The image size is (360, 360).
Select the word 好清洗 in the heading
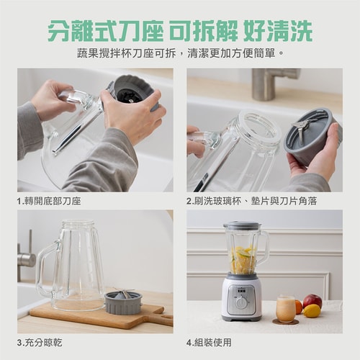pyautogui.click(x=279, y=31)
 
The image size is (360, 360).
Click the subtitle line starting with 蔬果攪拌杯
pyautogui.click(x=180, y=53)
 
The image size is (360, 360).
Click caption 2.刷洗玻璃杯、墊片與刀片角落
pyautogui.click(x=248, y=201)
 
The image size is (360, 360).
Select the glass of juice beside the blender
pyautogui.click(x=286, y=310)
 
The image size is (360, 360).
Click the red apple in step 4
pyautogui.click(x=312, y=300)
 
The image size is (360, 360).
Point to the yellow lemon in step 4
pyautogui.click(x=312, y=311)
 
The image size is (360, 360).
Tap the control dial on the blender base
pyautogui.click(x=242, y=302)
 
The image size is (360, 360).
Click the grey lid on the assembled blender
pyautogui.click(x=241, y=225)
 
